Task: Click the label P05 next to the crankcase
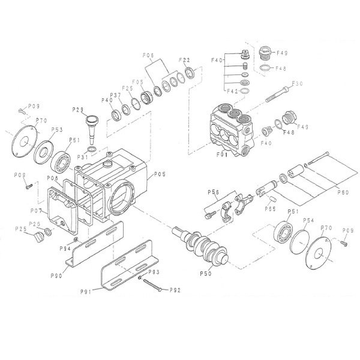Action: click(160, 175)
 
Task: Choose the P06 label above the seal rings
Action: click(149, 55)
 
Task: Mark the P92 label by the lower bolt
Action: click(175, 290)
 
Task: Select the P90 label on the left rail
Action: click(58, 275)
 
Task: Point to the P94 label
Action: click(65, 248)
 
